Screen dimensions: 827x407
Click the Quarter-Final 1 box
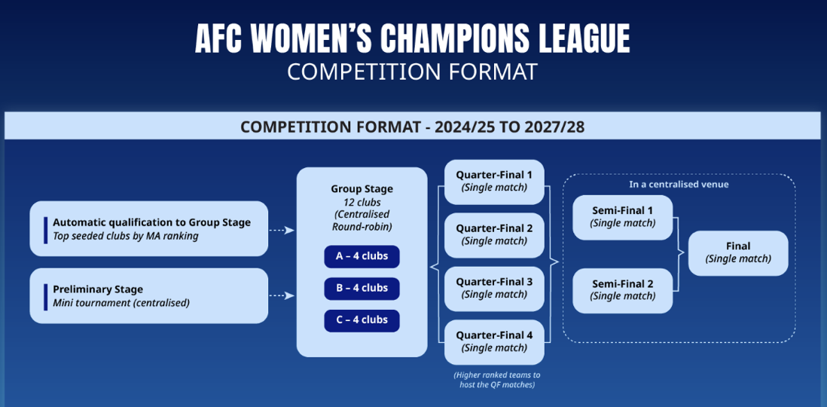494,182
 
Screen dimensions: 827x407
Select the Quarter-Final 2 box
494,235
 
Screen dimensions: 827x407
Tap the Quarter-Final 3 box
494,289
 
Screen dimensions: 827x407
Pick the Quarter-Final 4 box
494,342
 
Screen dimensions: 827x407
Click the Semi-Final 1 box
622,218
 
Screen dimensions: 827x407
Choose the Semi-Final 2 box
622,291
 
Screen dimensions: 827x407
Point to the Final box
738,252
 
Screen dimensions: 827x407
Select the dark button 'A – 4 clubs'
362,256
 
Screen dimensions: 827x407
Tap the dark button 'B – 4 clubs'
362,288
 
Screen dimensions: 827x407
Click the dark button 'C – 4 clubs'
362,320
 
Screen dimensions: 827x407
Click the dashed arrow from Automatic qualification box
282,230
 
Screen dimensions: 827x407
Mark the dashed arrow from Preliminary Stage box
282,296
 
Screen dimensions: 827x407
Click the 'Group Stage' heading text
362,189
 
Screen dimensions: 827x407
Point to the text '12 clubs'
362,202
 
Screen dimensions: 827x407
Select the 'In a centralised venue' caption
679,185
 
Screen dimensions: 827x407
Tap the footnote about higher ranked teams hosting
494,380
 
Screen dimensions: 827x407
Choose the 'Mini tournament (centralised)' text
121,303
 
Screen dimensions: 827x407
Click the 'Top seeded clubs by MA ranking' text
126,236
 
